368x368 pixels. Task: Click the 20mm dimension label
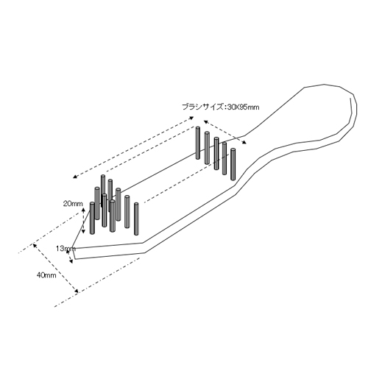(x=73, y=204)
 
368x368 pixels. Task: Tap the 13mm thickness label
(x=66, y=249)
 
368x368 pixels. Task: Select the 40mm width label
(x=46, y=275)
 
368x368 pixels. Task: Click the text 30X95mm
(x=243, y=107)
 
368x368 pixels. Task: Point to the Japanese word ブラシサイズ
(x=202, y=107)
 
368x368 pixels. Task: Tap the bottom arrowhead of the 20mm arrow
(x=83, y=231)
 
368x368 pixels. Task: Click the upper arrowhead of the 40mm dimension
(x=35, y=246)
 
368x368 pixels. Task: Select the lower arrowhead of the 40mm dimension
(x=77, y=291)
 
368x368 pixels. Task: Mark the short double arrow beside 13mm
(x=69, y=256)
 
